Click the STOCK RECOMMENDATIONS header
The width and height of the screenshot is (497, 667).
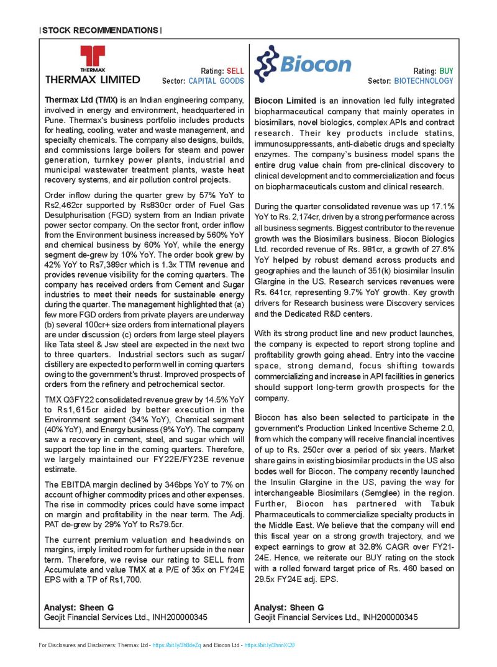pos(100,30)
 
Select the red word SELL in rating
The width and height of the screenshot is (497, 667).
pos(235,71)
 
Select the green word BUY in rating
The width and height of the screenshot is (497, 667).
pos(446,71)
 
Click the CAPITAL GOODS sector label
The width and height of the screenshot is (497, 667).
pos(216,81)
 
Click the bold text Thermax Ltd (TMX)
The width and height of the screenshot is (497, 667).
pos(81,100)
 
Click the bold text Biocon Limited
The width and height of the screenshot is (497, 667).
pos(285,100)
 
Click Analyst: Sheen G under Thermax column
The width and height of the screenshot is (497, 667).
pos(78,607)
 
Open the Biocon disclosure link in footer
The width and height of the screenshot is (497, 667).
pos(270,645)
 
